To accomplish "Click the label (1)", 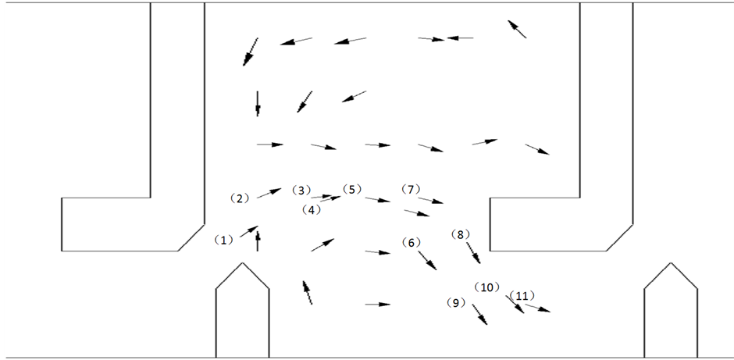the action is (224, 241).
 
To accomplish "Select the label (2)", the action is (239, 198).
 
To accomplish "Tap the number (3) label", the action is (301, 190).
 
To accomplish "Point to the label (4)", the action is (312, 209).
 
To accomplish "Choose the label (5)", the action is (352, 189).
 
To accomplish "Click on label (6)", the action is (412, 242).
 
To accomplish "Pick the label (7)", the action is (412, 189).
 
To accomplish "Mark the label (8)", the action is (461, 234).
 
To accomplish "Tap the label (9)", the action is (456, 302).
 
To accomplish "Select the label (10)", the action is (488, 287).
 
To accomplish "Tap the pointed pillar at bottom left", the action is (243, 312).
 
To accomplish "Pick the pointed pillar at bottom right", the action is (670, 312).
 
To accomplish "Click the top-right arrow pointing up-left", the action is (517, 29).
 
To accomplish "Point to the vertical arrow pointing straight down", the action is (257, 103).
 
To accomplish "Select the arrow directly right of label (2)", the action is (269, 193).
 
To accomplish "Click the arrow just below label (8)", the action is (473, 253).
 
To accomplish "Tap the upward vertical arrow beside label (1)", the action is (258, 241).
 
